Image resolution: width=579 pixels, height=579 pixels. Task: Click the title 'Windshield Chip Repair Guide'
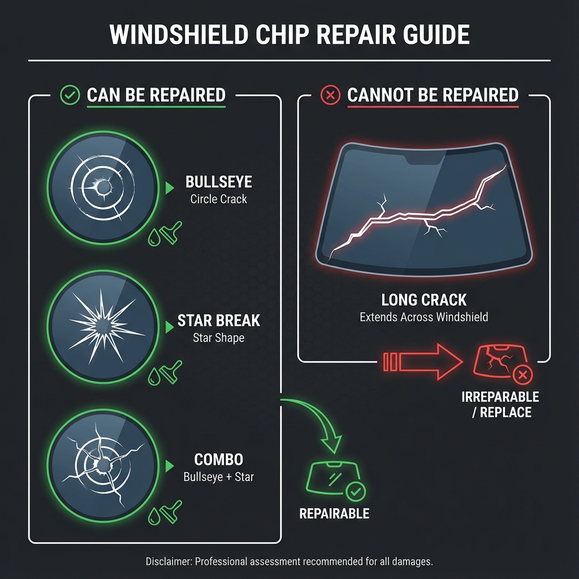[289, 35]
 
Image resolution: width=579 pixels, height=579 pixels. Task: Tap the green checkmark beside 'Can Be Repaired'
[70, 95]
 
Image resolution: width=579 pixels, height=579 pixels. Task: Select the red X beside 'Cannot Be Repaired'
[330, 95]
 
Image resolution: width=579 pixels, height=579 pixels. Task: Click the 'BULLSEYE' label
[219, 183]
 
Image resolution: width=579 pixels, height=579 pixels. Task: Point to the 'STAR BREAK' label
[219, 321]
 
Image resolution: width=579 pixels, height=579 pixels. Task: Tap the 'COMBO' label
[219, 460]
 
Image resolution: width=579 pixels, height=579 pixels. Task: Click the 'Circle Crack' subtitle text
[219, 199]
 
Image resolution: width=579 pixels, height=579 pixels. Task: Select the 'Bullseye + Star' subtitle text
[219, 477]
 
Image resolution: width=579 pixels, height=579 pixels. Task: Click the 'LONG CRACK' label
[424, 300]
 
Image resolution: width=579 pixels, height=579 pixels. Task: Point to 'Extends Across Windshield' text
[424, 317]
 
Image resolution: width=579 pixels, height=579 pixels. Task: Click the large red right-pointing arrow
[421, 361]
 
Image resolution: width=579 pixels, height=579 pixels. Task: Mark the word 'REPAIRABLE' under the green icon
[334, 513]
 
